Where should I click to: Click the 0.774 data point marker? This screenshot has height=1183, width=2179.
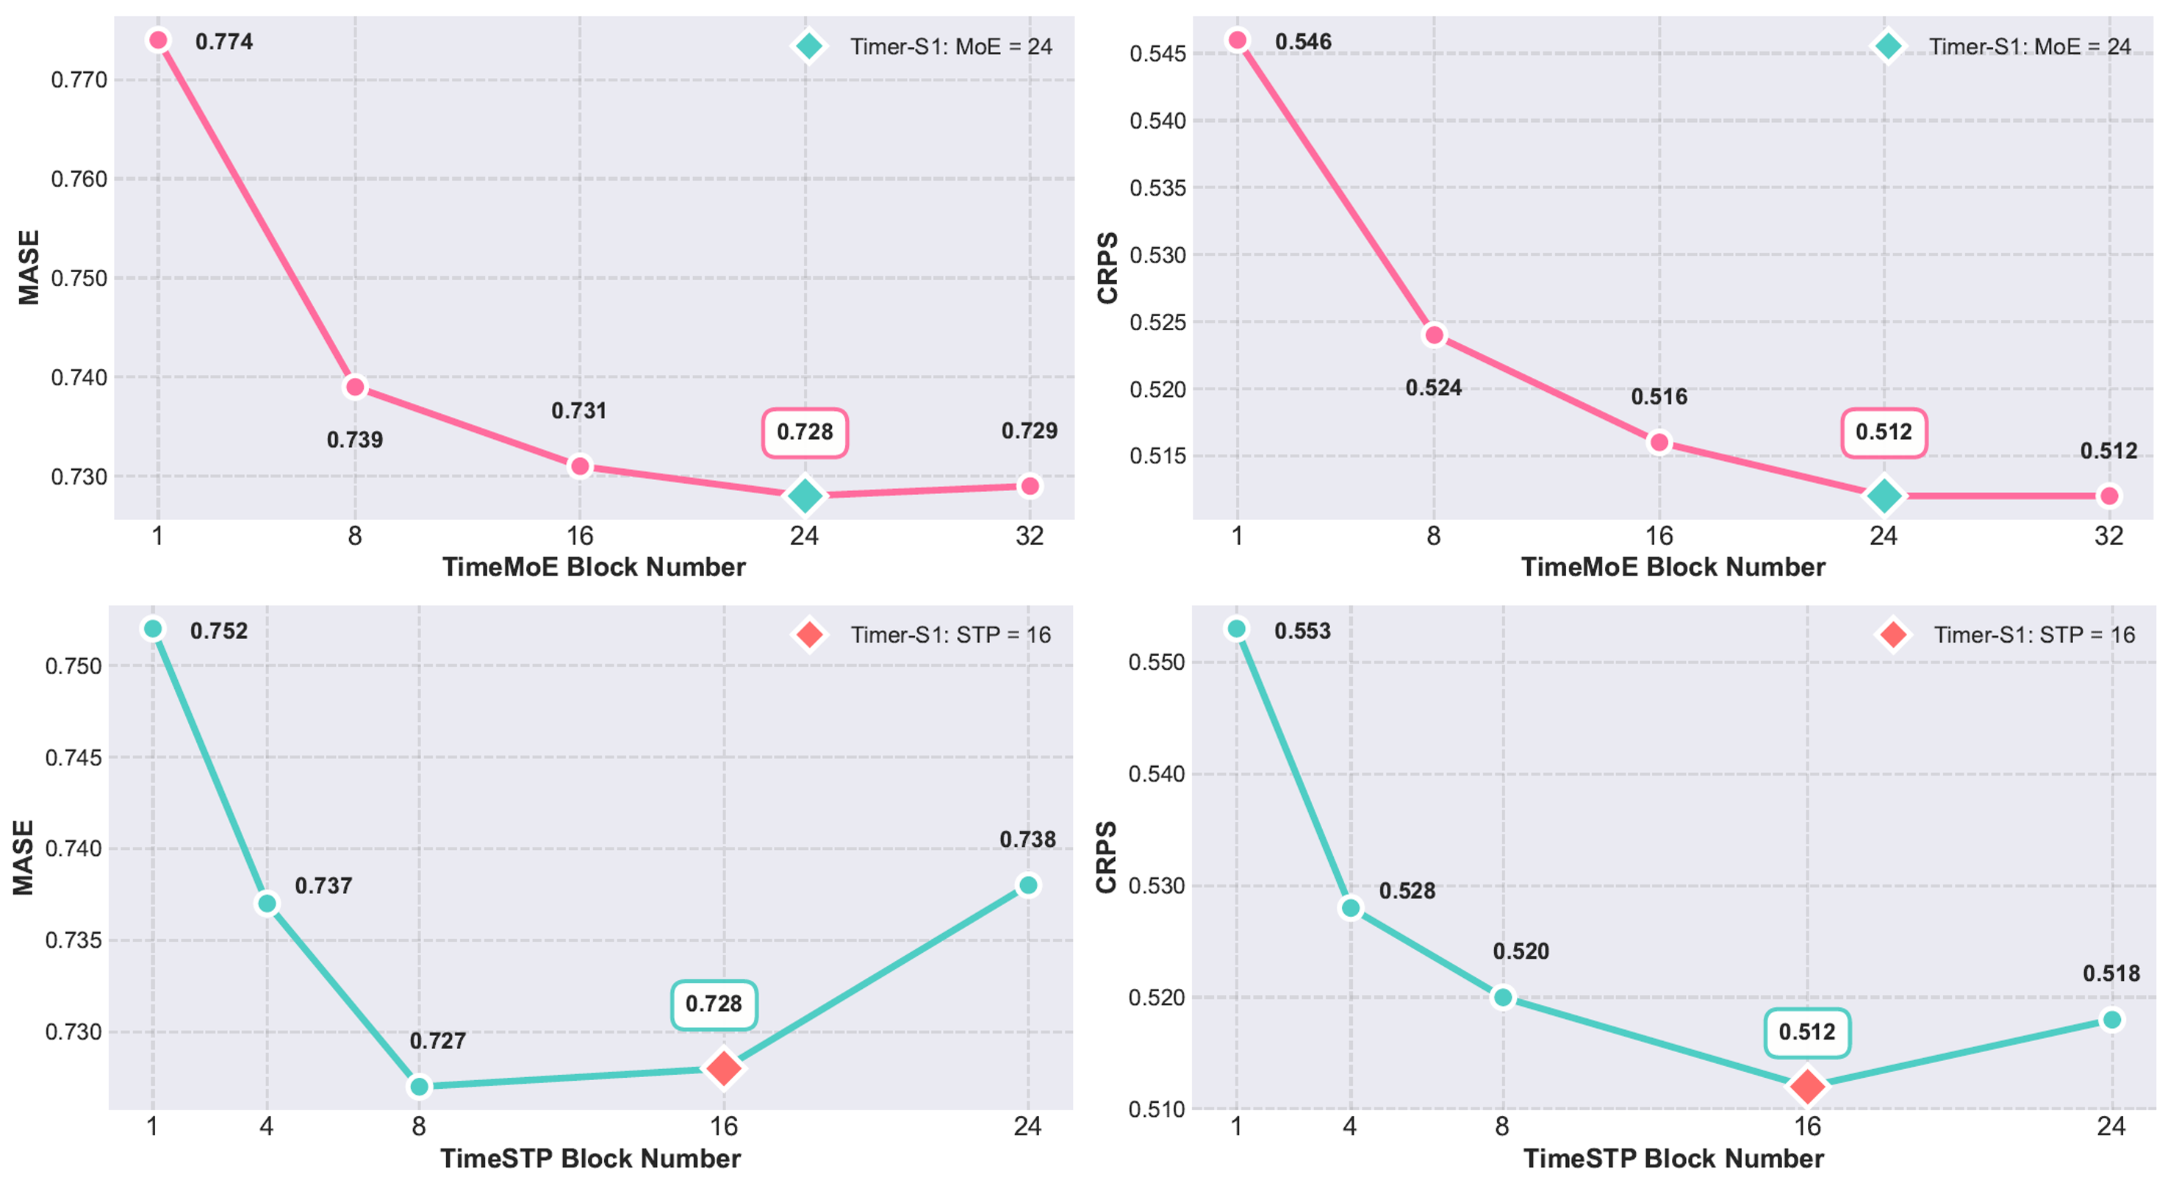pyautogui.click(x=157, y=40)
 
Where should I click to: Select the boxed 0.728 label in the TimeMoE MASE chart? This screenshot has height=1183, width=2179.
pyautogui.click(x=805, y=432)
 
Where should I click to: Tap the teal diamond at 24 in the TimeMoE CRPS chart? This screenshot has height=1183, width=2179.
pyautogui.click(x=1884, y=496)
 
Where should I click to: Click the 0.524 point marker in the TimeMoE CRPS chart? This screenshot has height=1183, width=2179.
pyautogui.click(x=1434, y=335)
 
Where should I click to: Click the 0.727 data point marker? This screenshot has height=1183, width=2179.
pyautogui.click(x=419, y=1087)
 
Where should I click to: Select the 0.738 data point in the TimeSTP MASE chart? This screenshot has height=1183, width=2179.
pyautogui.click(x=1027, y=885)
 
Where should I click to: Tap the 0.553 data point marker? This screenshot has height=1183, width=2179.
pyautogui.click(x=1237, y=629)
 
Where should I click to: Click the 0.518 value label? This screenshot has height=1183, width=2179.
pyautogui.click(x=2111, y=973)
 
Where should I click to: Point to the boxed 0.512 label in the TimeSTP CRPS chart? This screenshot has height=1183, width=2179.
pyautogui.click(x=1807, y=1032)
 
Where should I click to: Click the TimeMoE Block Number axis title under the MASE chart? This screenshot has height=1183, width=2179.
pyautogui.click(x=594, y=567)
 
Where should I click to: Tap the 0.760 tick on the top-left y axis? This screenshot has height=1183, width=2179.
pyautogui.click(x=79, y=179)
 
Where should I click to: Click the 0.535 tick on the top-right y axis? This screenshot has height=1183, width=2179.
pyautogui.click(x=1158, y=188)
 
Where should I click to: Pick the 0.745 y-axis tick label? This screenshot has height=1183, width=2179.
pyautogui.click(x=73, y=757)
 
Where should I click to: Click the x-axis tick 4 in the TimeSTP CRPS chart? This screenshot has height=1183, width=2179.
pyautogui.click(x=1350, y=1126)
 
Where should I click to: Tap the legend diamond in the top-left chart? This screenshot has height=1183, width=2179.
pyautogui.click(x=808, y=46)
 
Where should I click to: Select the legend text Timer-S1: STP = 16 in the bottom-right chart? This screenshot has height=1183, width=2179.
pyautogui.click(x=2034, y=635)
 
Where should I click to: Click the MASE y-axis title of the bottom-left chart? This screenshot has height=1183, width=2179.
pyautogui.click(x=24, y=857)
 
